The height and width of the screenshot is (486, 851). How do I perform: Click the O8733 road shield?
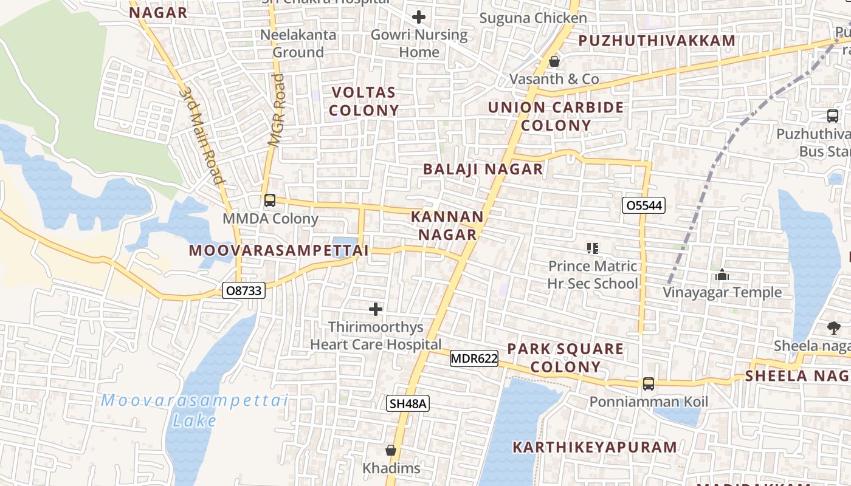click(x=243, y=291)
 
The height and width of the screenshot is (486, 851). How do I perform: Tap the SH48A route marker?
click(x=408, y=403)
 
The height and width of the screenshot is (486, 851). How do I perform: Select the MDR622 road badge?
click(x=474, y=358)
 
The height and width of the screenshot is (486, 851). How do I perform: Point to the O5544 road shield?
click(x=644, y=205)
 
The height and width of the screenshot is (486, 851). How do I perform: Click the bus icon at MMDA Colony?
click(x=270, y=200)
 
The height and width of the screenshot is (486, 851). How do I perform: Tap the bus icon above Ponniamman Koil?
click(x=649, y=384)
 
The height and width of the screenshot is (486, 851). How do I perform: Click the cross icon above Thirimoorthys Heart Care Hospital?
click(x=376, y=309)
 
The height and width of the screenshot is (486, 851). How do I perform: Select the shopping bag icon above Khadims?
click(x=391, y=450)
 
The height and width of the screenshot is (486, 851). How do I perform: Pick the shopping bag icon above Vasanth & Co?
click(x=554, y=61)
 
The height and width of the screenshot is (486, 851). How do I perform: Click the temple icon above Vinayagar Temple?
click(x=722, y=275)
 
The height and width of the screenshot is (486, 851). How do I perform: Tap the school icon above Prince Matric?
click(x=593, y=248)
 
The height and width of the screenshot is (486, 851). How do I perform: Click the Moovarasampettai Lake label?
click(x=194, y=410)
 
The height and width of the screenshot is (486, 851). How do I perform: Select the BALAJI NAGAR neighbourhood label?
click(x=483, y=169)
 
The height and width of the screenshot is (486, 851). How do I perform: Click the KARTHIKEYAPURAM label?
click(x=594, y=447)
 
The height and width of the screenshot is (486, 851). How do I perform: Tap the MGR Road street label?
click(x=277, y=111)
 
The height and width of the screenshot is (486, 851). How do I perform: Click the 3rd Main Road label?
click(x=200, y=135)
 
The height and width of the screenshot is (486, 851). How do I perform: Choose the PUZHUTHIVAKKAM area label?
click(x=656, y=41)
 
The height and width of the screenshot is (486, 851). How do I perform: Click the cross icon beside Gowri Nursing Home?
click(x=419, y=17)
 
